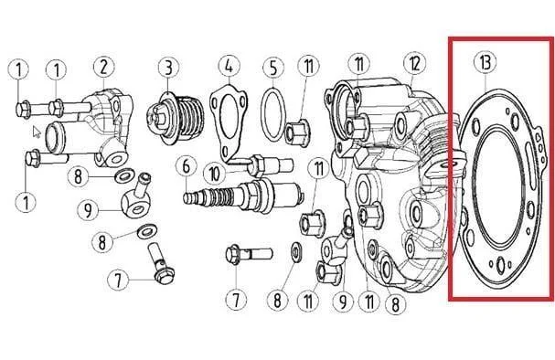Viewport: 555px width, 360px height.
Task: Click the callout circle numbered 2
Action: (103, 68)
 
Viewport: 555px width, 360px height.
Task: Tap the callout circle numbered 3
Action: (168, 68)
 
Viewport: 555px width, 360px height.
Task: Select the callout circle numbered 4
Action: (229, 66)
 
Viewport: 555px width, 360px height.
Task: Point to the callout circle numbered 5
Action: (273, 68)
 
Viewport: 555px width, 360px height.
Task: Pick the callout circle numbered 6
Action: (187, 167)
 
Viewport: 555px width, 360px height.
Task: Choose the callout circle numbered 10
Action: (215, 175)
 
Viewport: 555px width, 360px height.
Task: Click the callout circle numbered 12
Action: (414, 64)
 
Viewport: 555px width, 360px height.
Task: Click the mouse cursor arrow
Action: (37, 132)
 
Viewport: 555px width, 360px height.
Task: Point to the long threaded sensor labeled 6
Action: (243, 197)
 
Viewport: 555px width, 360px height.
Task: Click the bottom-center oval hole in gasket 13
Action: (500, 265)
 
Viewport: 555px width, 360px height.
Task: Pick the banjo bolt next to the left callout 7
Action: (162, 263)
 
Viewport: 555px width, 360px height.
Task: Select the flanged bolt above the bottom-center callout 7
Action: (249, 254)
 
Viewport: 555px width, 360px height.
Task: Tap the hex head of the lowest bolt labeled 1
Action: (33, 158)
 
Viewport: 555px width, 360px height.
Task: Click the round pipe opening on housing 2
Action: (56, 137)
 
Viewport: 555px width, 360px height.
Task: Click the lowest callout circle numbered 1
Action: (26, 202)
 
